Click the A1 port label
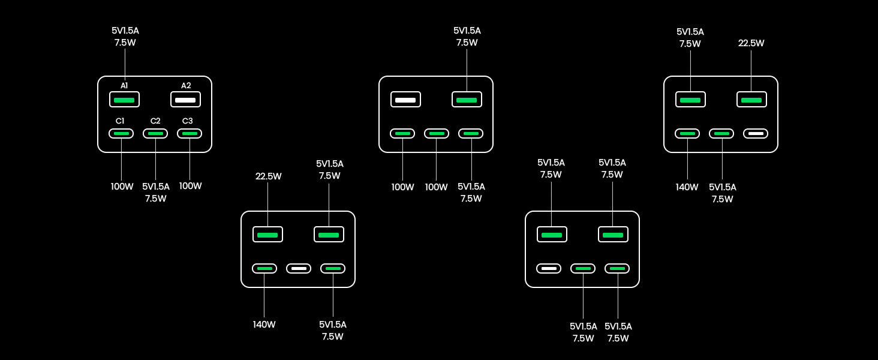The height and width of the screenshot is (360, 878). (124, 86)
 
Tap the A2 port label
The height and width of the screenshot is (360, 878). (186, 86)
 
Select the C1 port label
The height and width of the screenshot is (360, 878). (121, 121)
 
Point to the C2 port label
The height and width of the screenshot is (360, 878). (155, 121)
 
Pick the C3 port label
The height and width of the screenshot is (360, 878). (187, 121)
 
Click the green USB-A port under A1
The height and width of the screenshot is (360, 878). (124, 99)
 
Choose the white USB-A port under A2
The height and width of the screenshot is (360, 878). (185, 99)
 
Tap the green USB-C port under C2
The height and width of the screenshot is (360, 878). (155, 133)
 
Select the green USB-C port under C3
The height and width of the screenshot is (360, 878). (190, 133)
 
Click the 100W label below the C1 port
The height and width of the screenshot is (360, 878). (122, 187)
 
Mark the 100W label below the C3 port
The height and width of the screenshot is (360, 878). (190, 186)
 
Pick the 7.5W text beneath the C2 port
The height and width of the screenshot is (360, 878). (155, 199)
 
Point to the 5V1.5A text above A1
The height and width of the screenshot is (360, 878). (125, 31)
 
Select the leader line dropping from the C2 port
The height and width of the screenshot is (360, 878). (155, 159)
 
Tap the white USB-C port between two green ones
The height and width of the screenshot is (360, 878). (299, 268)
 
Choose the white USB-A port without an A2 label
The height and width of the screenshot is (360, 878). (405, 99)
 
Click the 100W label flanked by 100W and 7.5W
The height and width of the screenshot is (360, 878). (436, 187)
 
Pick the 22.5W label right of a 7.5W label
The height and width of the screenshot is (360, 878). (751, 43)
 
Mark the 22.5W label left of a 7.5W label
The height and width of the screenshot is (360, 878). (268, 176)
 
